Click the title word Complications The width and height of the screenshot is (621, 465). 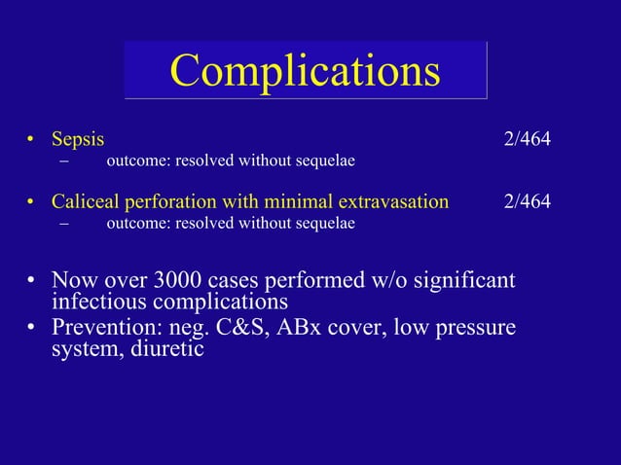(x=305, y=69)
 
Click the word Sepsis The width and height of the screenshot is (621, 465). (x=78, y=139)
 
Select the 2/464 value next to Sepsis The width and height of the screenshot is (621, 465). (x=527, y=139)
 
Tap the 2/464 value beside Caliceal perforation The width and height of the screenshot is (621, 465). (x=527, y=202)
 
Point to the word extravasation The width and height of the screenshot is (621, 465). (x=393, y=202)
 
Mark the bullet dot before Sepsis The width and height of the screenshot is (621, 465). (x=32, y=140)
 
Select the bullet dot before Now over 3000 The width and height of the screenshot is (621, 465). (x=32, y=281)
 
